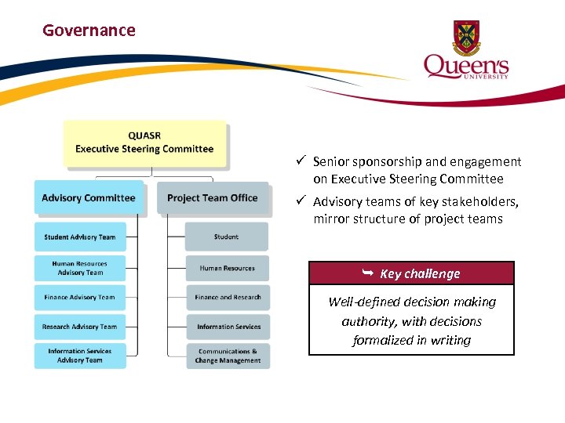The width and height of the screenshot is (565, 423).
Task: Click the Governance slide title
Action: tap(89, 31)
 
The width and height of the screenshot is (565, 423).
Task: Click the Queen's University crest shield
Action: tap(466, 38)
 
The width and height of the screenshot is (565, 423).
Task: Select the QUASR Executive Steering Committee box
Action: tap(144, 143)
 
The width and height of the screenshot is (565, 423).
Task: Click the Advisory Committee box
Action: tap(89, 197)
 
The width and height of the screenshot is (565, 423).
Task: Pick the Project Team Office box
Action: tap(212, 197)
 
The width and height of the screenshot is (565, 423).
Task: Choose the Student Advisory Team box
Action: tap(79, 237)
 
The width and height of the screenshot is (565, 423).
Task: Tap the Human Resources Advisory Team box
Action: tap(79, 268)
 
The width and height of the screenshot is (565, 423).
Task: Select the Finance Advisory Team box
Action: tap(79, 298)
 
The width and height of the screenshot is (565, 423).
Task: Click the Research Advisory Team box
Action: tap(79, 327)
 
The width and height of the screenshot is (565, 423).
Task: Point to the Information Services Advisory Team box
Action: tap(79, 356)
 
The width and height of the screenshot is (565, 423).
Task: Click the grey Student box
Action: tap(227, 237)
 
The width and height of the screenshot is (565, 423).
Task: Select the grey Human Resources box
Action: tap(227, 268)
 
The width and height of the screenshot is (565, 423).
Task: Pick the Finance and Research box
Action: tap(228, 298)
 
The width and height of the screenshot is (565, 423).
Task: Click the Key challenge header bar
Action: tap(411, 273)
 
